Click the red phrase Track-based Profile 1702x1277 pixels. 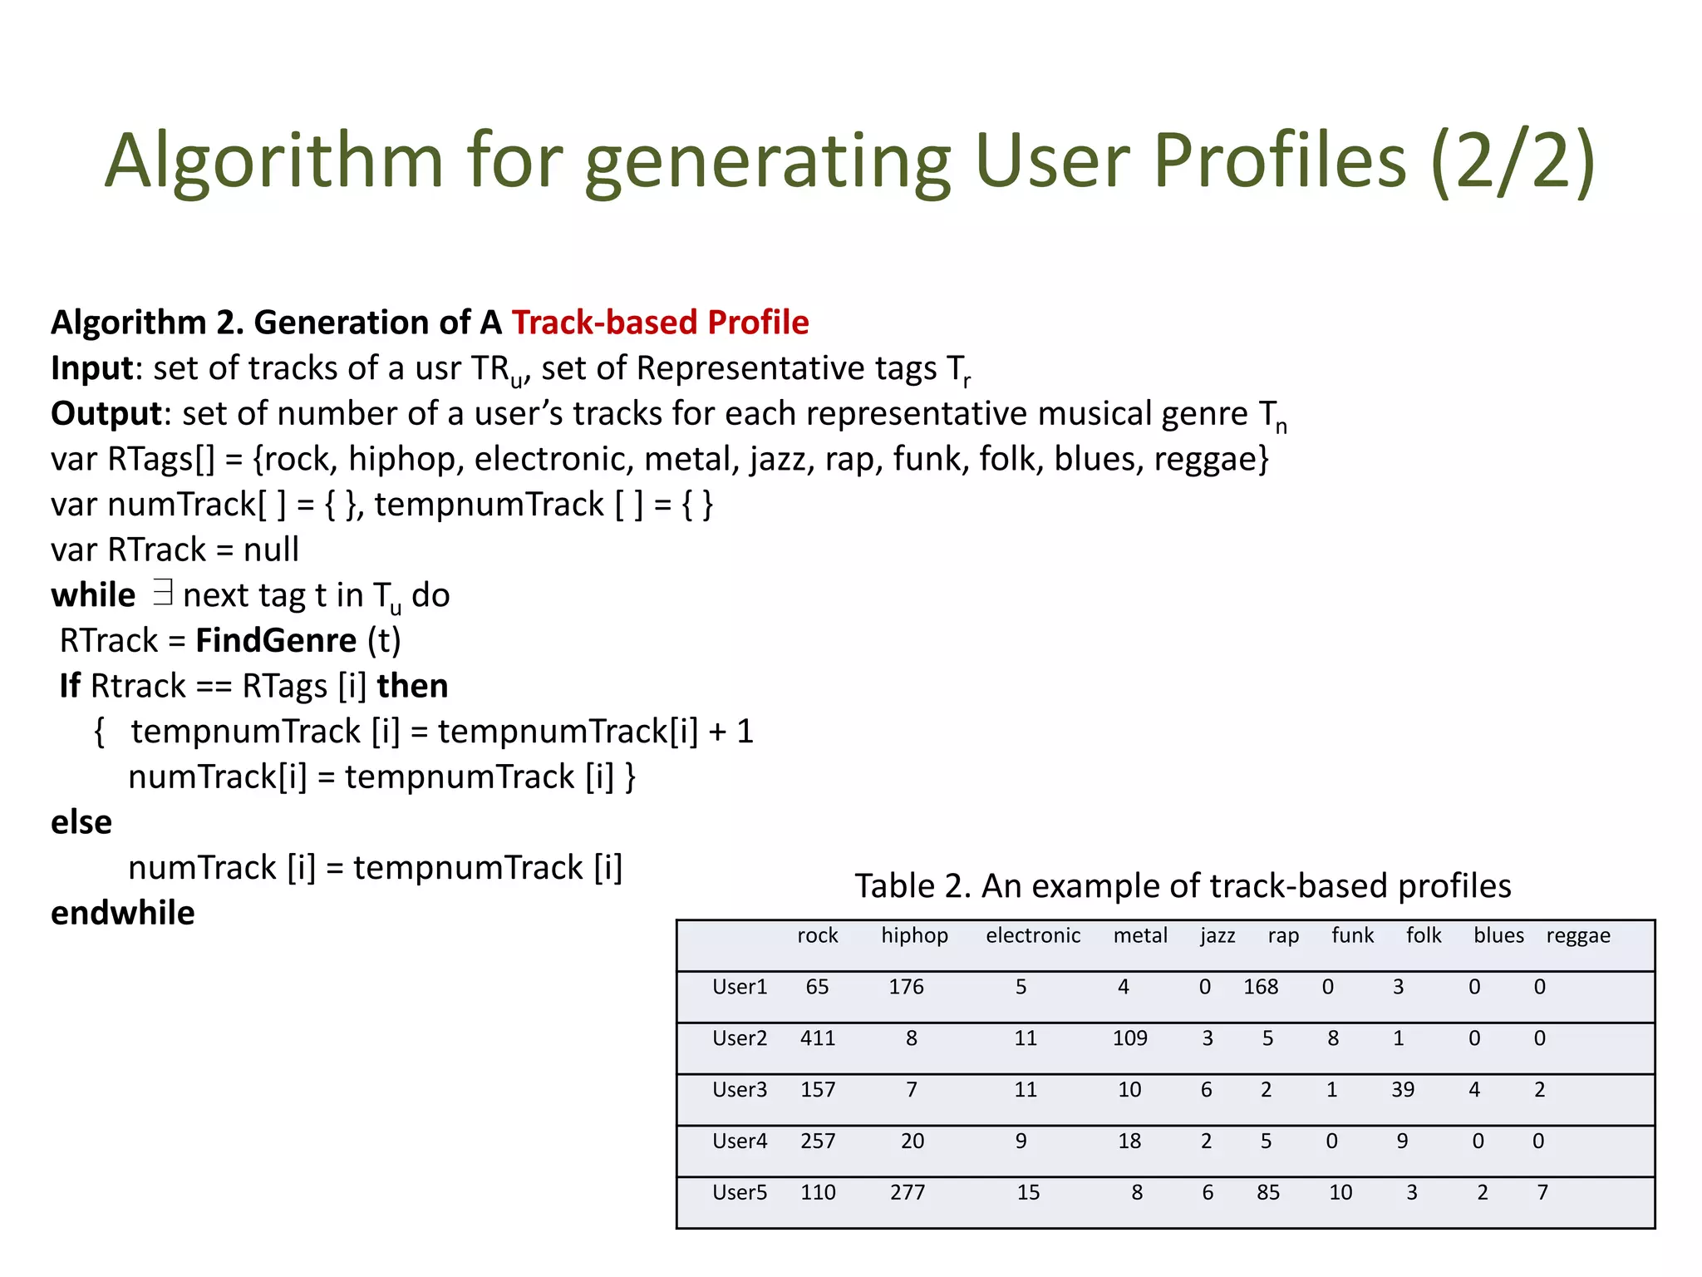660,323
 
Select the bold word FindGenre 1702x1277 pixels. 276,641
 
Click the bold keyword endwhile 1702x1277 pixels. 123,913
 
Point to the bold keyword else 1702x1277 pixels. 81,822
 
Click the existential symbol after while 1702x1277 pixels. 163,594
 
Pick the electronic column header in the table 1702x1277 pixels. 1033,935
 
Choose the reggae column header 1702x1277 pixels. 1578,935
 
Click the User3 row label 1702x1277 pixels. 740,1090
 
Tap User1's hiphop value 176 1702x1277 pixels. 906,987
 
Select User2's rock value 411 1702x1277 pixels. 818,1038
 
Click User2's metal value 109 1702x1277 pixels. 1130,1038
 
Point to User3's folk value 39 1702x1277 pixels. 1403,1090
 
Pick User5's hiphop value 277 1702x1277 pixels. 908,1193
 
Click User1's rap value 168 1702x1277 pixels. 1261,987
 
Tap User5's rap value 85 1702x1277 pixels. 1268,1193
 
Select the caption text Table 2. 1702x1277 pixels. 912,886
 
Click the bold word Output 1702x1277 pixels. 106,414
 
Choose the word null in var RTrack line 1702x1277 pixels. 271,550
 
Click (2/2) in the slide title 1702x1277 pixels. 1513,162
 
